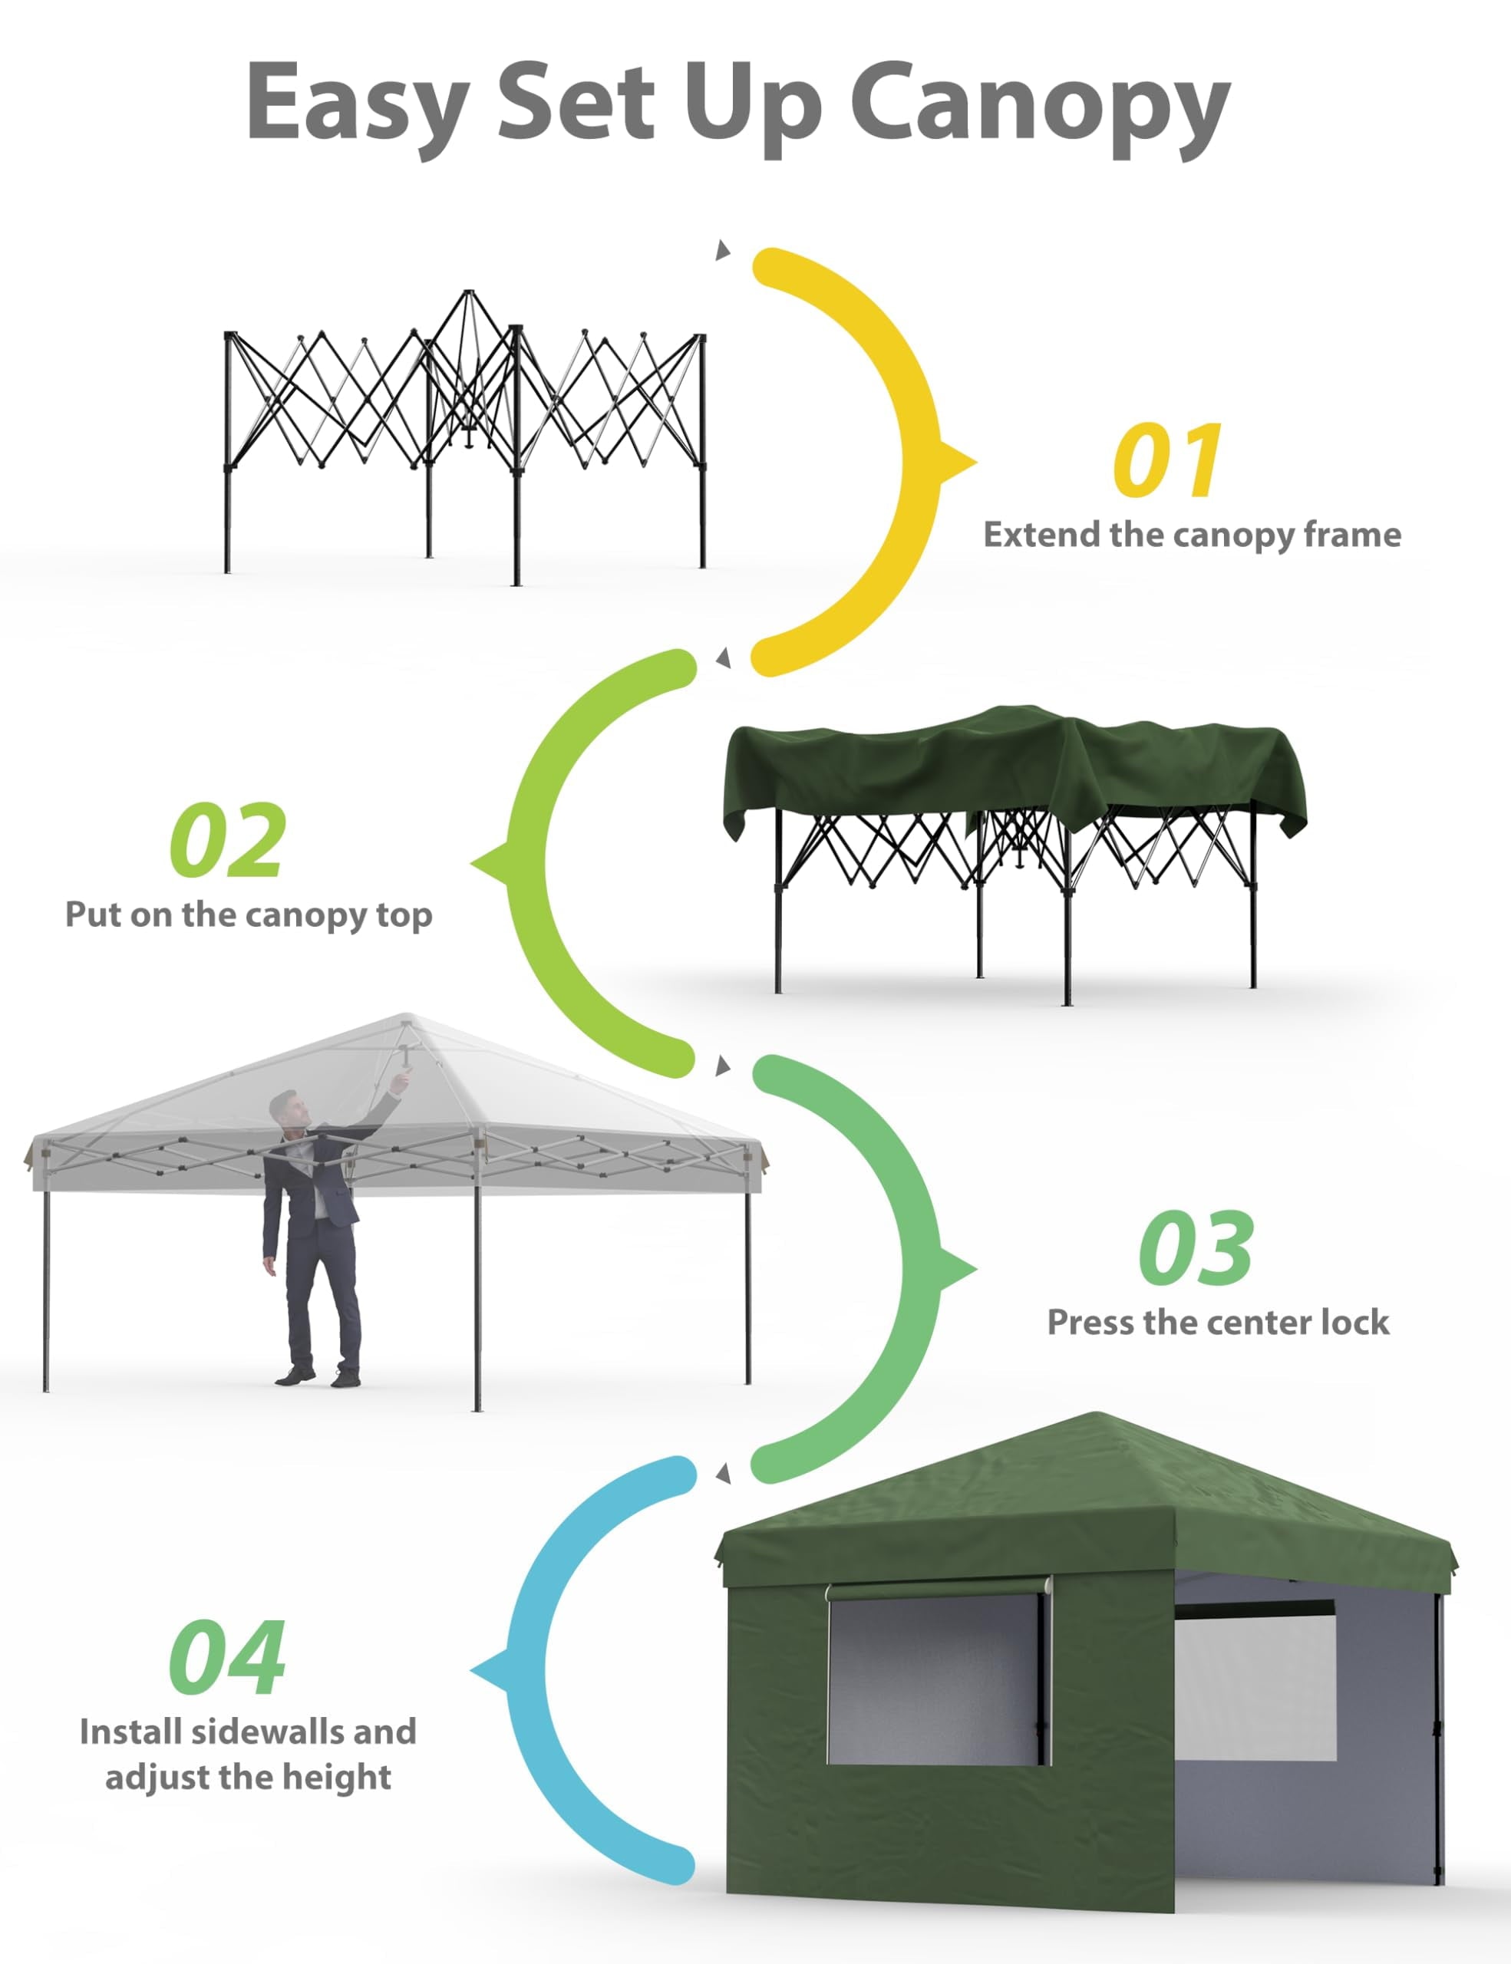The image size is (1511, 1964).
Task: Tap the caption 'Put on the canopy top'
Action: pos(248,915)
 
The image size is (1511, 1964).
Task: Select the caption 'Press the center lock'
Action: pos(1218,1322)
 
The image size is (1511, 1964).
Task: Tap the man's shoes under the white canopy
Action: pos(317,1376)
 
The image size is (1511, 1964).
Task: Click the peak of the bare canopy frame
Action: pos(467,292)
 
